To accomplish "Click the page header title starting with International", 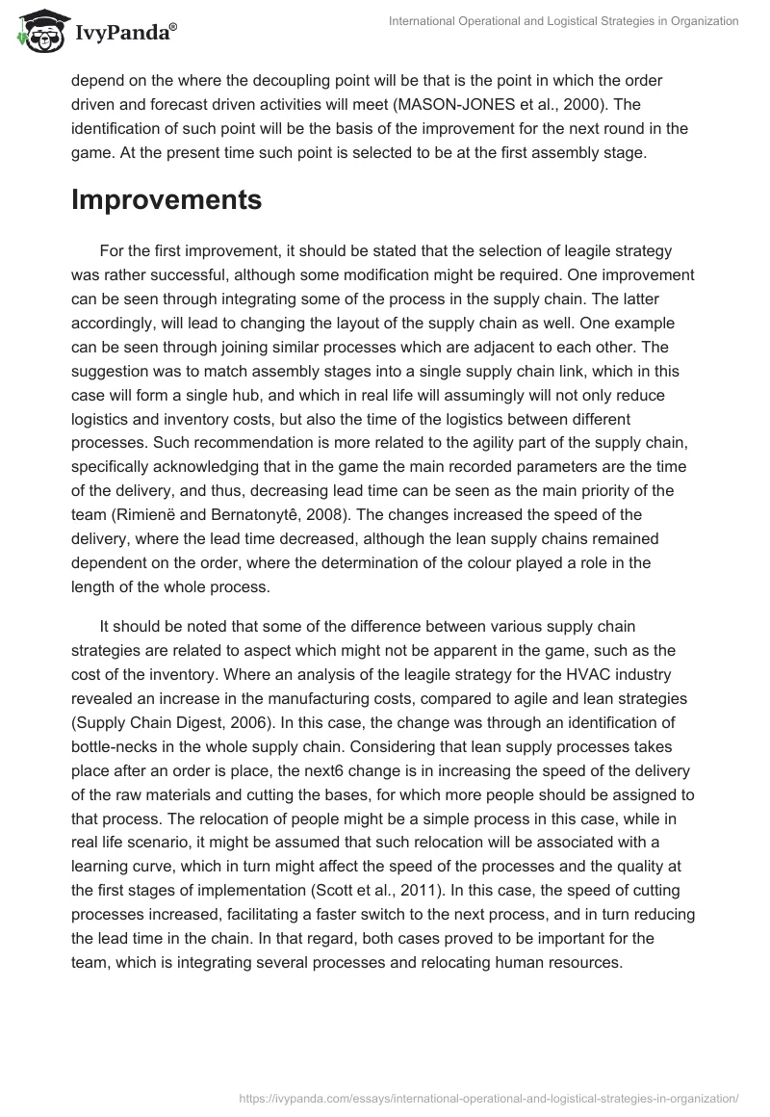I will click(x=563, y=21).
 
